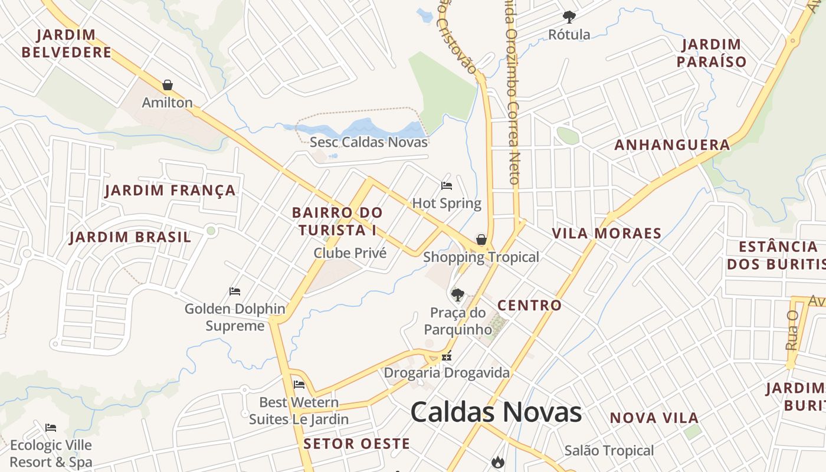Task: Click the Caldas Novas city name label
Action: pos(496,412)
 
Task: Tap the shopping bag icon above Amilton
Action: pos(168,85)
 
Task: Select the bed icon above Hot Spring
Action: pos(447,186)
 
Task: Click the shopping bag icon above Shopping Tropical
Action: pos(481,240)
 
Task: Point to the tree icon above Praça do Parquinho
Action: pos(457,294)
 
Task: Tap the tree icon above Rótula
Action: pos(569,17)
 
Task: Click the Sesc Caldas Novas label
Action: pos(369,142)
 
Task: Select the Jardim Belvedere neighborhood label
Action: pos(66,43)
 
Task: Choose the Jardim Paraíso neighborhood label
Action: pos(712,53)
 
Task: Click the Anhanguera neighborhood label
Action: pos(672,145)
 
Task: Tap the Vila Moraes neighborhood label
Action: pos(607,233)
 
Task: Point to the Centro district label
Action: pos(529,305)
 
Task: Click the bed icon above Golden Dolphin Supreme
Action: pos(235,291)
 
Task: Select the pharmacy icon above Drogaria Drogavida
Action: pos(447,356)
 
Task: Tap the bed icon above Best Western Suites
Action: pos(299,385)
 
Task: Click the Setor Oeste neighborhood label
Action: pos(356,444)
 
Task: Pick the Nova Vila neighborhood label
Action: pos(654,418)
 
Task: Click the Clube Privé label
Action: pos(350,253)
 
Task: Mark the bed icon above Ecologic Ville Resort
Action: pos(51,427)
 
